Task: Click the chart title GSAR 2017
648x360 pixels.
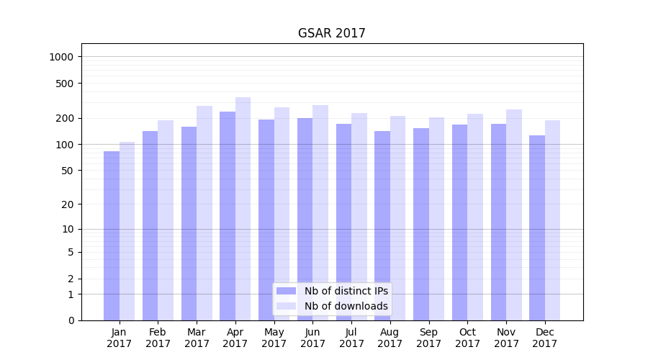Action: [x=331, y=34]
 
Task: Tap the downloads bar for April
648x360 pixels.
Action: [x=243, y=209]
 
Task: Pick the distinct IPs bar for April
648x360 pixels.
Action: [x=228, y=216]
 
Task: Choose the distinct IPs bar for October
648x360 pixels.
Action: [x=460, y=222]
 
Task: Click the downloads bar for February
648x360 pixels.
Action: [x=166, y=220]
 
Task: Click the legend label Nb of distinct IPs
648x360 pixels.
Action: [x=346, y=291]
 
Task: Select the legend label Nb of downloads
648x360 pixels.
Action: [x=346, y=306]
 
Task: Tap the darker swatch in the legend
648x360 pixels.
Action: [x=286, y=291]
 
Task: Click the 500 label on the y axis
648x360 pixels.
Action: [x=66, y=84]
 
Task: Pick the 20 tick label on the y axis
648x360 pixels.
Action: [x=68, y=204]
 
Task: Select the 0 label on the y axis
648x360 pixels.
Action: [x=71, y=320]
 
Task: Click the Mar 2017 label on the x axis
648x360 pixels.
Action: [x=197, y=338]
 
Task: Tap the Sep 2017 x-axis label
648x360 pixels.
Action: [x=428, y=338]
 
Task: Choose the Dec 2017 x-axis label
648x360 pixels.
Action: [x=545, y=338]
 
